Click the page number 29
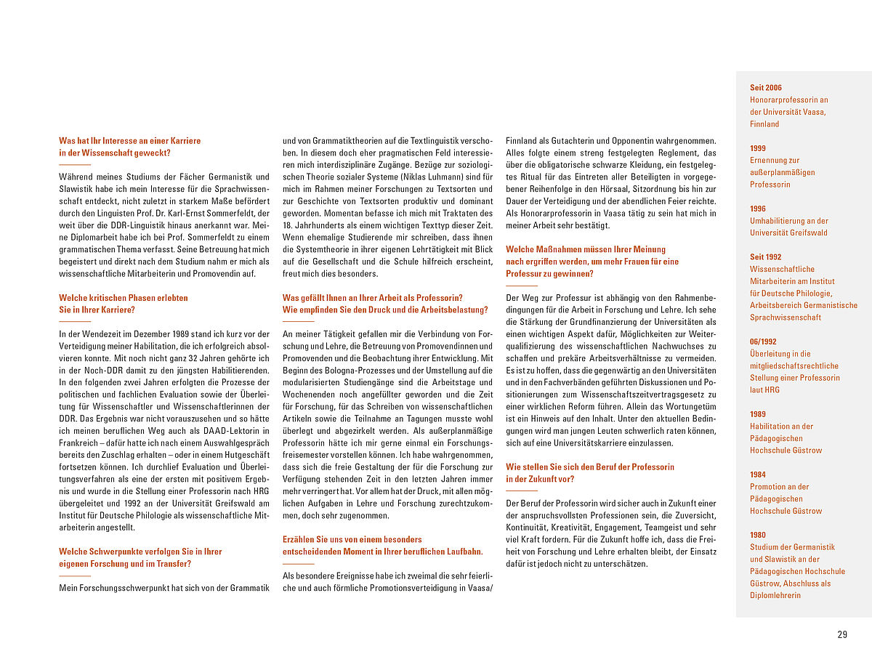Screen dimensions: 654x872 pyautogui.click(x=842, y=634)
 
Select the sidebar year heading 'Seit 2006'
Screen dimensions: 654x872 pyautogui.click(x=766, y=88)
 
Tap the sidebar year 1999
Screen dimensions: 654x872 pyautogui.click(x=758, y=148)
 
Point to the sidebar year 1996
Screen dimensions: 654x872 pyautogui.click(x=758, y=209)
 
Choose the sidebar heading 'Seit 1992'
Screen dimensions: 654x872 pyautogui.click(x=766, y=257)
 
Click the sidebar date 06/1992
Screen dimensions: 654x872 pyautogui.click(x=763, y=342)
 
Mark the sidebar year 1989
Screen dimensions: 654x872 pyautogui.click(x=758, y=414)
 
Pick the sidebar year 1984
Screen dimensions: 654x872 pyautogui.click(x=758, y=475)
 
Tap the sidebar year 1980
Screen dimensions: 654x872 pyautogui.click(x=758, y=535)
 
